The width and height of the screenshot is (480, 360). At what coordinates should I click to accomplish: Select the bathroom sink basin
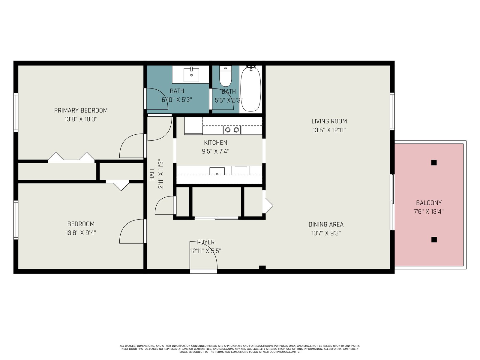click(191, 75)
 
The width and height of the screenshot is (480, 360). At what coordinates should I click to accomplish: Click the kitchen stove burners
click(232, 130)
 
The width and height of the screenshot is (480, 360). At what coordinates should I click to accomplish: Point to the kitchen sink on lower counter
click(217, 171)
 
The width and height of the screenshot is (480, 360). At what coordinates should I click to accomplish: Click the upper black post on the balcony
click(434, 163)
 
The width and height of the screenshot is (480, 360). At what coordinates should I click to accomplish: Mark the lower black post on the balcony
click(434, 240)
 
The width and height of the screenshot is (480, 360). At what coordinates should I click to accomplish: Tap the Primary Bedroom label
click(81, 110)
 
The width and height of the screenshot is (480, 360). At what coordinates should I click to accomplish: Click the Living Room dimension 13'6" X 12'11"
click(329, 130)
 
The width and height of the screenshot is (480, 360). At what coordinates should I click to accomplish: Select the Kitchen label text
click(216, 142)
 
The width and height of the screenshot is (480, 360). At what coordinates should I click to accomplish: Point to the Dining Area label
click(326, 224)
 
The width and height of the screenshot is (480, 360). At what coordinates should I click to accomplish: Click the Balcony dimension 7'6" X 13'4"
click(429, 211)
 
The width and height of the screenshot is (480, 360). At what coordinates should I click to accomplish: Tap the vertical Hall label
click(152, 174)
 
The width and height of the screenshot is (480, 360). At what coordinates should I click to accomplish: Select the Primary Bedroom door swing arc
click(129, 142)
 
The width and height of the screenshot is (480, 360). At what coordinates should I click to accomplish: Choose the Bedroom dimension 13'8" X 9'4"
click(81, 233)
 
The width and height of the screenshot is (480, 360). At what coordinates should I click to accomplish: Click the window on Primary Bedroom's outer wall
click(16, 112)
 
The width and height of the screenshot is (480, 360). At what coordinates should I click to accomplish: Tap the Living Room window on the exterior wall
click(392, 112)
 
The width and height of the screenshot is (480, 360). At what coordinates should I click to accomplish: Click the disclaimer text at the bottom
click(240, 349)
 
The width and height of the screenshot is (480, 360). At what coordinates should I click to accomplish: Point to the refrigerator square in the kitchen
click(193, 125)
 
